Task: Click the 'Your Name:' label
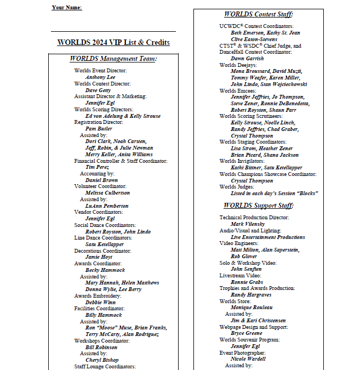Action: pyautogui.click(x=67, y=7)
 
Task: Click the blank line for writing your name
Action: pyautogui.click(x=113, y=31)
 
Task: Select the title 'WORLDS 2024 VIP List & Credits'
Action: pyautogui.click(x=113, y=42)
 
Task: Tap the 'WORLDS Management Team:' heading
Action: pyautogui.click(x=113, y=59)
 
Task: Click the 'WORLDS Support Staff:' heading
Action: pyautogui.click(x=259, y=206)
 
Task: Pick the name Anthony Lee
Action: pyautogui.click(x=100, y=77)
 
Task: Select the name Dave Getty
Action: pyautogui.click(x=98, y=90)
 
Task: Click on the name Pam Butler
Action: pyautogui.click(x=99, y=129)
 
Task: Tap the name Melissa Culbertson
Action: pyautogui.click(x=108, y=193)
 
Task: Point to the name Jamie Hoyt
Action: pyautogui.click(x=99, y=257)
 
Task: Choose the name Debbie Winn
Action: pyautogui.click(x=100, y=302)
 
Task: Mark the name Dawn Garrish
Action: pyautogui.click(x=247, y=58)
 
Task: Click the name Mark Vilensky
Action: pyautogui.click(x=248, y=224)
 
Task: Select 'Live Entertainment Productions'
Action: pyautogui.click(x=268, y=237)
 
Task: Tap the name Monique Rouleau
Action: pyautogui.click(x=252, y=308)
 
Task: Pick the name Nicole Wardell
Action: pyautogui.click(x=248, y=359)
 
